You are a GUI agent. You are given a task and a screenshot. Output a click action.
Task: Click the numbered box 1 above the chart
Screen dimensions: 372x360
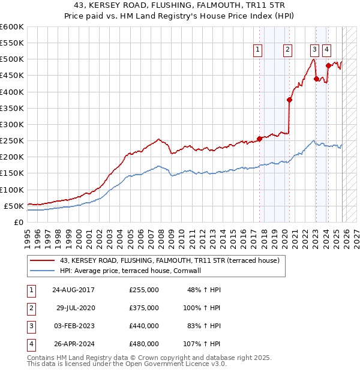(258, 50)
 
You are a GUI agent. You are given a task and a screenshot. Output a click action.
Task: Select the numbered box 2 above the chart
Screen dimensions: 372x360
(288, 50)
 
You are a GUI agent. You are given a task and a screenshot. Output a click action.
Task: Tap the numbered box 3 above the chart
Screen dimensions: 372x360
(314, 50)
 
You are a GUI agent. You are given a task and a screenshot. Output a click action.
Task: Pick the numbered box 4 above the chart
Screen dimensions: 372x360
(326, 50)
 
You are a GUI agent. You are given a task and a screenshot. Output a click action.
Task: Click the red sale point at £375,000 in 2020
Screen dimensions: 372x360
(289, 100)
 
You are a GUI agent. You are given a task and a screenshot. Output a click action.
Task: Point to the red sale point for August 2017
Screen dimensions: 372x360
(259, 139)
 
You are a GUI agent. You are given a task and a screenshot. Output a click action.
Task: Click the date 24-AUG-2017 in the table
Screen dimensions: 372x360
(73, 290)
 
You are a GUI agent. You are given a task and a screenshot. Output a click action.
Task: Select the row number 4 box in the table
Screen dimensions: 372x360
(29, 344)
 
